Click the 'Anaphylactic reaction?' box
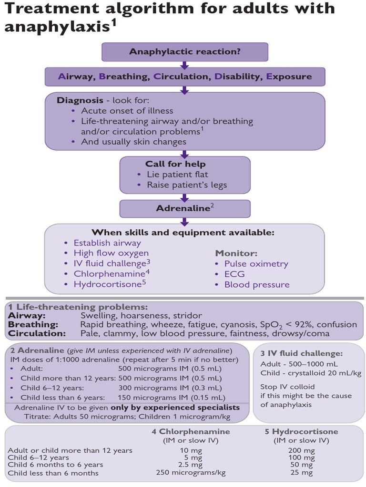click(185, 51)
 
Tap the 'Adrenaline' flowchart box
click(185, 208)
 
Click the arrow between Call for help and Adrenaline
click(185, 195)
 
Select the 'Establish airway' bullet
click(107, 243)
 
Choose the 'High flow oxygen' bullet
click(111, 253)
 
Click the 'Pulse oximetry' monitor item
click(256, 263)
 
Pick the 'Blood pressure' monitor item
click(256, 284)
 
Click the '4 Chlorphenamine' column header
click(190, 431)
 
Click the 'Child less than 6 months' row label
click(53, 473)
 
